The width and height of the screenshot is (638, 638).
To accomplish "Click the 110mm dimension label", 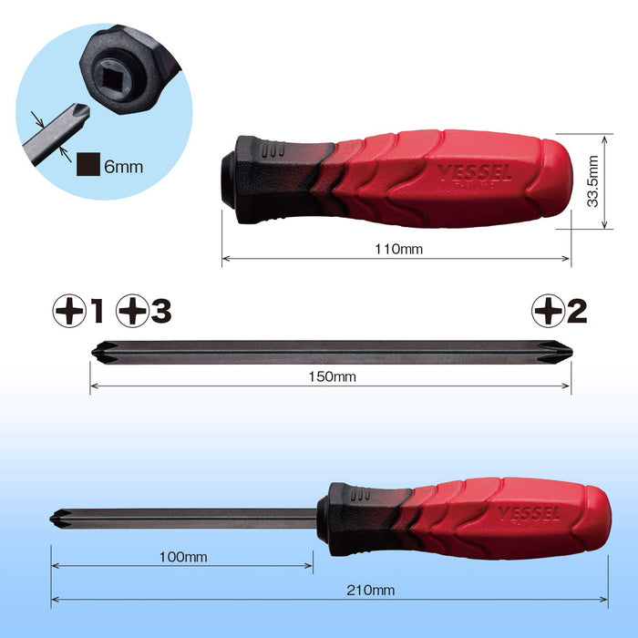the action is tap(399, 249).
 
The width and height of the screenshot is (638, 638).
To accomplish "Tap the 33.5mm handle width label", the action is tap(592, 181).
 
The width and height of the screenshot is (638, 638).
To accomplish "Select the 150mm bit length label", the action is tap(332, 376).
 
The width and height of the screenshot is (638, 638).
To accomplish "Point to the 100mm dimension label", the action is tap(183, 557).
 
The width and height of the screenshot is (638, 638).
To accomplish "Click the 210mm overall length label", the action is tap(371, 590).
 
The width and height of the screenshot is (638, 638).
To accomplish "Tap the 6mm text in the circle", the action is tap(124, 167).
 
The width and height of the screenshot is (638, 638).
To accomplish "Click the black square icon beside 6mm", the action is tap(88, 164).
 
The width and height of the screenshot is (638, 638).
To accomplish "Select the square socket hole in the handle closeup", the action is tap(111, 78).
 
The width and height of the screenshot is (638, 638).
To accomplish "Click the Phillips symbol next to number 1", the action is tap(69, 311).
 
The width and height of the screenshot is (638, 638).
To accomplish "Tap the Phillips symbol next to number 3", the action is tap(133, 311).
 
